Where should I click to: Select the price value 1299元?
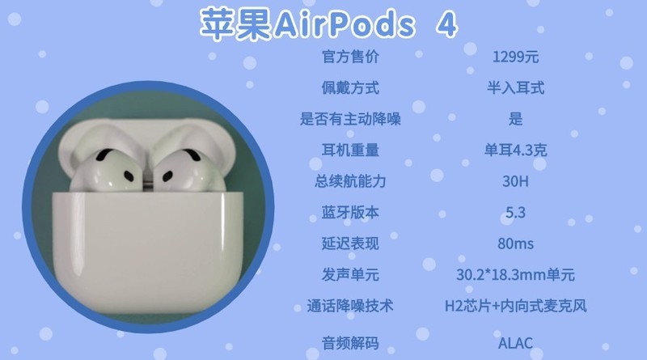pos(515,58)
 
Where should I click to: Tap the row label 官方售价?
pos(350,58)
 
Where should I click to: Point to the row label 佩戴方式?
pos(350,88)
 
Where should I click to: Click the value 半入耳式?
pos(515,88)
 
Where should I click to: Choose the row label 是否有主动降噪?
pos(350,119)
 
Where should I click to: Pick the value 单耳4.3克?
pos(515,150)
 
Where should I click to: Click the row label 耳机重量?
pos(350,150)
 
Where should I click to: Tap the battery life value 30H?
pos(515,181)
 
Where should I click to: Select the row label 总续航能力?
pos(350,181)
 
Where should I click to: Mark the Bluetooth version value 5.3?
pos(515,213)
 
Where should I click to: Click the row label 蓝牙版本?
pos(350,213)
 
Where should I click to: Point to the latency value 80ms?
pos(515,243)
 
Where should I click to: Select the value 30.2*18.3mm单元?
pos(515,274)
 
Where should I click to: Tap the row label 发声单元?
pos(350,274)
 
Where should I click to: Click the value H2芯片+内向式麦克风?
pos(515,306)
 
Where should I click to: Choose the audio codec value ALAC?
pos(515,341)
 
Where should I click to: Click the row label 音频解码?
pos(350,341)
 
